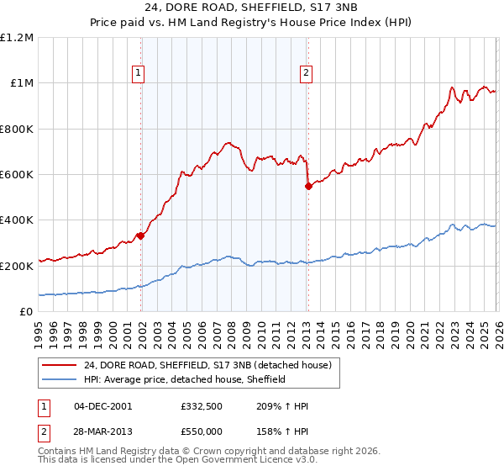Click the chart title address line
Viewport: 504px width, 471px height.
click(x=251, y=8)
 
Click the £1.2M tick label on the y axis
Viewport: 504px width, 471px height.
click(x=17, y=38)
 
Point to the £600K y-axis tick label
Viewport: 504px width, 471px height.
click(x=17, y=175)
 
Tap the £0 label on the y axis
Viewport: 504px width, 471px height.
click(x=25, y=312)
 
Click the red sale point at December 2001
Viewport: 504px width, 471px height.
click(x=141, y=235)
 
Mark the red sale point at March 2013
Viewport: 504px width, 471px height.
click(x=308, y=186)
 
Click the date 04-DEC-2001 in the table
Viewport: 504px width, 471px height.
click(x=102, y=406)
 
